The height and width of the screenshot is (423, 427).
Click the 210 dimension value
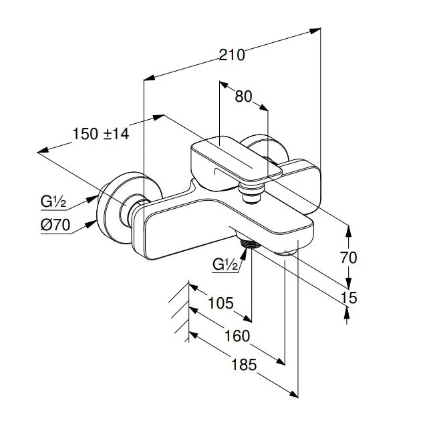point(232,55)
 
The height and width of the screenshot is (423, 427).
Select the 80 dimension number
point(243,96)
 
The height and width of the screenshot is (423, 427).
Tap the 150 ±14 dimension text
point(101,134)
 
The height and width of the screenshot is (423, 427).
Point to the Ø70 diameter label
point(55,225)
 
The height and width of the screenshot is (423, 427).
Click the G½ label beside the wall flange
point(53,202)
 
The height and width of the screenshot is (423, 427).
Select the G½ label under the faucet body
point(225,264)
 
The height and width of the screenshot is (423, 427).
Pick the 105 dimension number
point(221,303)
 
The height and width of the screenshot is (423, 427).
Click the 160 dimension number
point(237,336)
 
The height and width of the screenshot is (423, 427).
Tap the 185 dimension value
point(244,365)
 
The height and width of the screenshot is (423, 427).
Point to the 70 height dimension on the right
point(348,258)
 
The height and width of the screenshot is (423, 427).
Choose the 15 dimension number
point(349,298)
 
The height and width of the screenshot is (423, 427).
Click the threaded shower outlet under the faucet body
point(249,243)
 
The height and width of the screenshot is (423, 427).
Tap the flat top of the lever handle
point(237,158)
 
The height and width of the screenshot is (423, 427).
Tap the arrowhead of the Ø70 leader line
point(92,224)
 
